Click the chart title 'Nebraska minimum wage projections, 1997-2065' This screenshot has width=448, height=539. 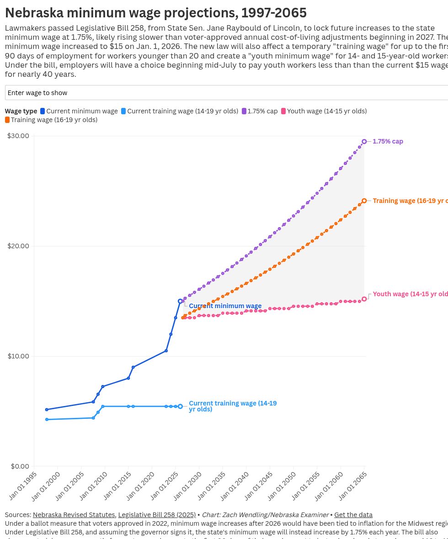click(155, 13)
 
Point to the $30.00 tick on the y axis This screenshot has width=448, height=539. click(18, 136)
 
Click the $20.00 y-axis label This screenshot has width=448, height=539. click(18, 246)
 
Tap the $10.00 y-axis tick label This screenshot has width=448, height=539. click(18, 356)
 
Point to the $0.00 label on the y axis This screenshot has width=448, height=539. click(20, 466)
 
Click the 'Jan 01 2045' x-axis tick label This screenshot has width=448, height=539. click(259, 486)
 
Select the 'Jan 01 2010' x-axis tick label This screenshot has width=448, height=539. click(94, 486)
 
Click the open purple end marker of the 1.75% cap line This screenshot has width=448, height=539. click(364, 142)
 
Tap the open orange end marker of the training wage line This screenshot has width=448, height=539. click(364, 201)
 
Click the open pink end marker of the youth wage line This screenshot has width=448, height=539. click(364, 299)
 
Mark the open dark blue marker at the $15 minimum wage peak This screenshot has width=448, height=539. click(180, 301)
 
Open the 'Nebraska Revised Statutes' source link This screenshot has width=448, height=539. click(74, 515)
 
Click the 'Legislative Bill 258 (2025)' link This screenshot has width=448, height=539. click(157, 515)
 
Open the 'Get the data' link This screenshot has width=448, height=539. click(353, 515)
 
